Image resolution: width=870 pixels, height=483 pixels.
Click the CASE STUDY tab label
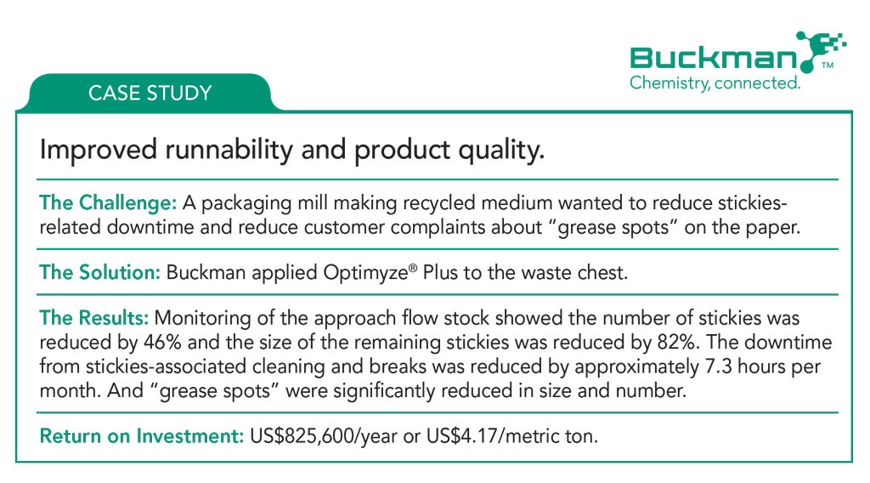[x=150, y=93]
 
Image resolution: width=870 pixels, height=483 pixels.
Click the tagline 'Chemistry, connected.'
[x=715, y=83]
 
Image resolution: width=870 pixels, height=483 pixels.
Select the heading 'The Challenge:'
[x=108, y=202]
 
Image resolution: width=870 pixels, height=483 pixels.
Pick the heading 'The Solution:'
[x=100, y=272]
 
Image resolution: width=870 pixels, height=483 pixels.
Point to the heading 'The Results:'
[x=93, y=317]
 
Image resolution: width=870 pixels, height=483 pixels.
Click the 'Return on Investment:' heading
[x=142, y=436]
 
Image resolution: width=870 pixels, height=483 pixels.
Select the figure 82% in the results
[x=676, y=342]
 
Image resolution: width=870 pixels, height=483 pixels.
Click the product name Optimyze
[x=370, y=273]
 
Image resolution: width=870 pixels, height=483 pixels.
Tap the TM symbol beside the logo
[x=828, y=65]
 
